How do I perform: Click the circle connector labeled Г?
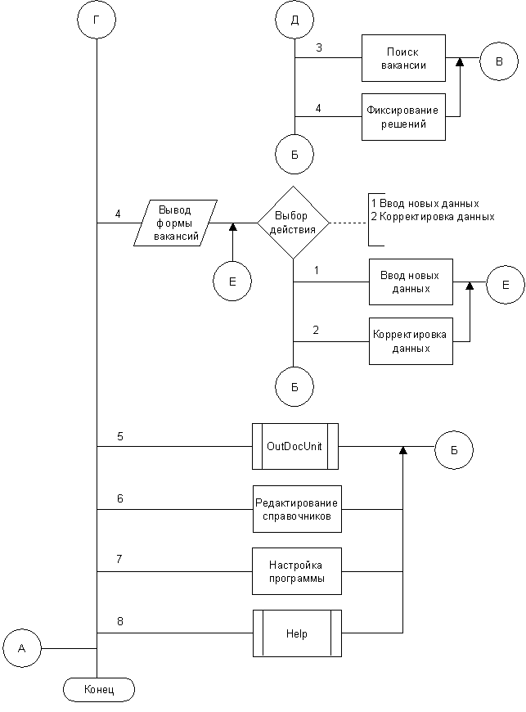pos(97,20)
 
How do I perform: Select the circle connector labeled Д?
pos(294,20)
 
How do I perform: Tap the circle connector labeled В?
pos(499,61)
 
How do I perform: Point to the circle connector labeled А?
pos(22,648)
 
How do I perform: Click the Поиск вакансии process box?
pos(403,58)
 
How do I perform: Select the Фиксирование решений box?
pos(403,117)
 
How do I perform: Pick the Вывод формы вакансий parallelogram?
pos(175,223)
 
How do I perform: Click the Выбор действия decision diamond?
pos(293,223)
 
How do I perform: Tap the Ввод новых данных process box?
pos(411,282)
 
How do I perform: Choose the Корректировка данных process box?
pos(411,341)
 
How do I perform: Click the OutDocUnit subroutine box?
pos(295,446)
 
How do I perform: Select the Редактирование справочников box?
pos(297,509)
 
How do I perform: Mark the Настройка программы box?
pos(297,571)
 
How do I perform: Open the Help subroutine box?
pos(297,633)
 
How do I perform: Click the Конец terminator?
pos(99,690)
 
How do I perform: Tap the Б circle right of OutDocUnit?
pos(454,450)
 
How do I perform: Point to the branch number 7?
pos(119,559)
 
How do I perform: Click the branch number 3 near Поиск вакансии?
pos(319,47)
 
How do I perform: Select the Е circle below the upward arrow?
pos(232,281)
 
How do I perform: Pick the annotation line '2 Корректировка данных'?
pos(433,217)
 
